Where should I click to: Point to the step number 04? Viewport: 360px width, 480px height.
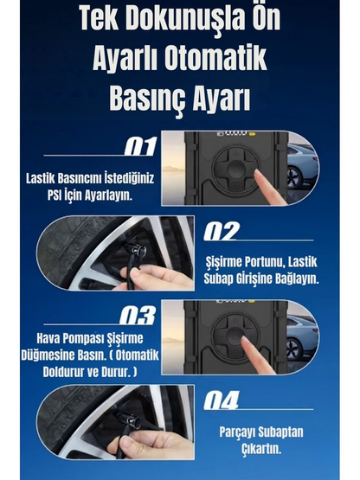click(223, 400)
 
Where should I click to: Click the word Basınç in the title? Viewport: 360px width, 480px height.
click(145, 98)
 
